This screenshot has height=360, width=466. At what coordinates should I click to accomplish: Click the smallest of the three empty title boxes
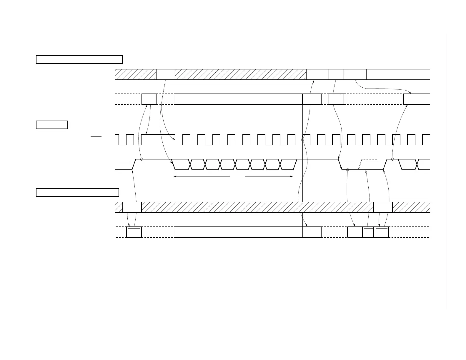52,125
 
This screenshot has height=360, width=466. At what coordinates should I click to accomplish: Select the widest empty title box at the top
79,59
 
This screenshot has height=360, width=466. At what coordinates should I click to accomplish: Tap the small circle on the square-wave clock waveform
302,140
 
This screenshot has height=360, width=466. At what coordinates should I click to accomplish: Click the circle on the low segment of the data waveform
347,170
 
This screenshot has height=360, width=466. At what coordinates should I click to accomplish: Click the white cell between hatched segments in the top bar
165,74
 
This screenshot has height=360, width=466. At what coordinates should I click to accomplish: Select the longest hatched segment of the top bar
240,74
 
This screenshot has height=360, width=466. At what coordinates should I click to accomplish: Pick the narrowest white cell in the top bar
336,74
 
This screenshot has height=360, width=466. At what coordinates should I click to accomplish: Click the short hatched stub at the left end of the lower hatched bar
119,207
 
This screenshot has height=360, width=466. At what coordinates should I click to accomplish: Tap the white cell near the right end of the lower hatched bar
383,207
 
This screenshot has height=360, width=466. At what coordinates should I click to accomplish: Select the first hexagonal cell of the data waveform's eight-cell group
181,164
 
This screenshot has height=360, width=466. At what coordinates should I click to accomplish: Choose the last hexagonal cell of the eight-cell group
288,164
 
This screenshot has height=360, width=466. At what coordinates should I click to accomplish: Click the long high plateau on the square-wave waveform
158,135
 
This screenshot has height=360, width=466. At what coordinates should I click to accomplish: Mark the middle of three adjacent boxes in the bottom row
368,232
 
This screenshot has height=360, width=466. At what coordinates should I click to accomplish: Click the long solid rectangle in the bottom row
239,232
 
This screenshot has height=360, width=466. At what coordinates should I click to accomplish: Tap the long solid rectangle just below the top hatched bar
239,99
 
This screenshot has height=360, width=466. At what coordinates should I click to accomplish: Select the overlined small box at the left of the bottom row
134,232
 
